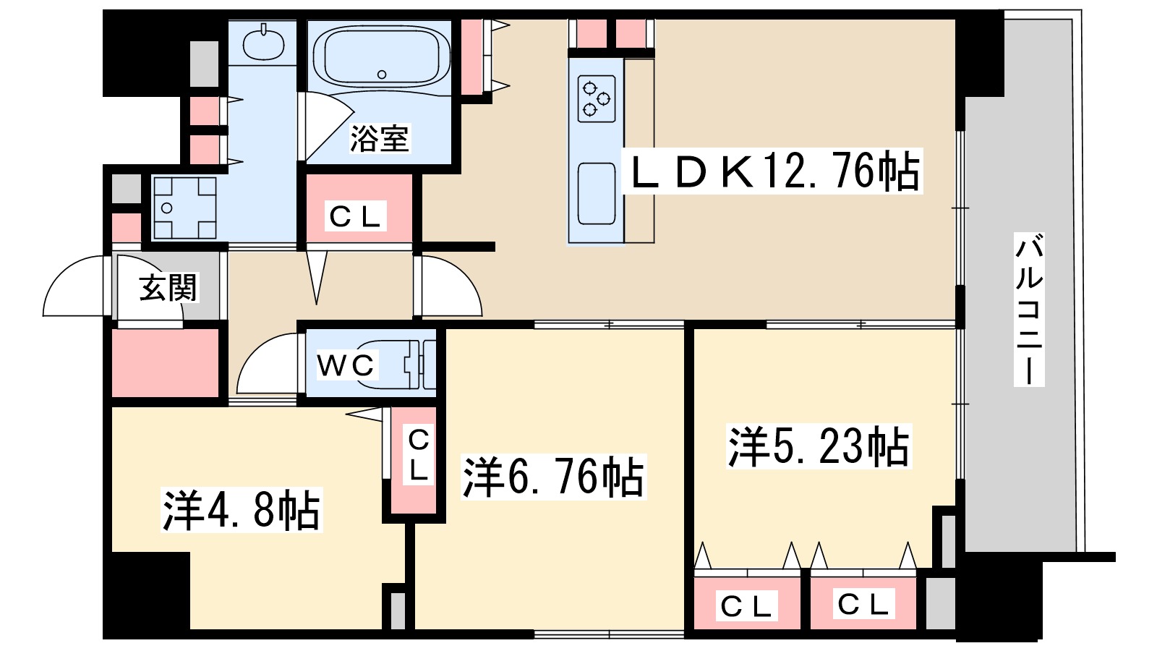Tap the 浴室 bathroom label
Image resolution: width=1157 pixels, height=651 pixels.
pos(379,138)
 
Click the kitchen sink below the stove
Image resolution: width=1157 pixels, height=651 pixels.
pos(597,193)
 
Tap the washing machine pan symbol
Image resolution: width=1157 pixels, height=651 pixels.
pos(184,208)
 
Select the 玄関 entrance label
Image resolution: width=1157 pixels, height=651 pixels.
pos(168,288)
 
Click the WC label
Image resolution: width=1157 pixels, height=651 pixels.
pos(346,365)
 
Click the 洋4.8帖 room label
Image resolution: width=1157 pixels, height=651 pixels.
pos(241,511)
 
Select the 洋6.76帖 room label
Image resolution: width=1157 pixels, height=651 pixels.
pos(553,477)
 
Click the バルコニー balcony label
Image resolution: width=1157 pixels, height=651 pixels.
pos(1029,310)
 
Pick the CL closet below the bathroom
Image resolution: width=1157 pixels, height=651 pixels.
pos(355,216)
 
